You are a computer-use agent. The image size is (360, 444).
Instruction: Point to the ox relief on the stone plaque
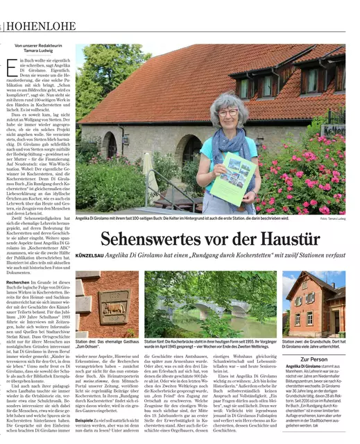pyautogui.click(x=113, y=306)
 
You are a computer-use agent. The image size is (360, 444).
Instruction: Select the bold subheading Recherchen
pyautogui.click(x=18, y=283)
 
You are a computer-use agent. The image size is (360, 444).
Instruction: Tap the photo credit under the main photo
pyautogui.click(x=333, y=219)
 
